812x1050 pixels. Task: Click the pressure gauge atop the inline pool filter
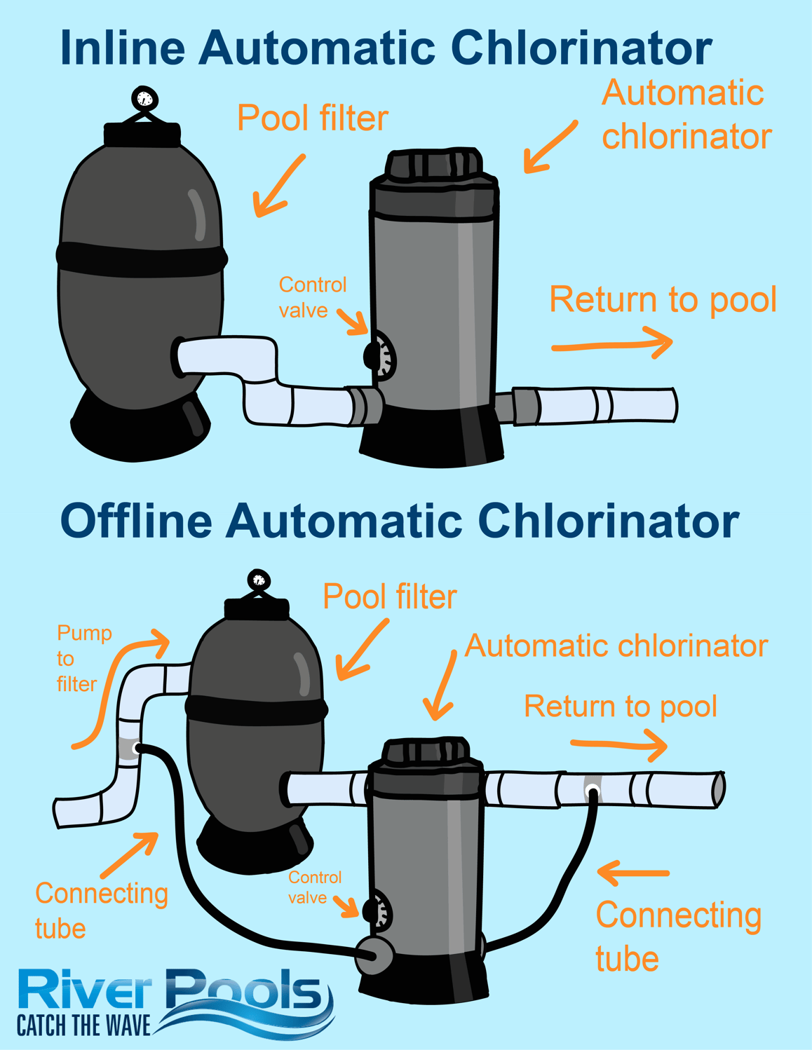tap(144, 99)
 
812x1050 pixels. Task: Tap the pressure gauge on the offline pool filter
tap(259, 580)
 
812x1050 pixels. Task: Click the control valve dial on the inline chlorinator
tap(381, 356)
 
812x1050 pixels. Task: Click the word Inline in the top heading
tap(122, 48)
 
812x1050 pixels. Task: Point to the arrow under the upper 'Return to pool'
tap(612, 344)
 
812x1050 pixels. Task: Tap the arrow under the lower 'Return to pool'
tap(618, 745)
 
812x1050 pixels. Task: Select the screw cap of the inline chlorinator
tap(433, 164)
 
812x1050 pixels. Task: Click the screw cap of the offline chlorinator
tap(425, 751)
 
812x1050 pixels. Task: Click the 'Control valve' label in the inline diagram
tap(311, 297)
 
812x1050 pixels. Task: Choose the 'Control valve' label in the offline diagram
tap(314, 887)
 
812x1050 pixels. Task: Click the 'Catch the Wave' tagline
tap(83, 1025)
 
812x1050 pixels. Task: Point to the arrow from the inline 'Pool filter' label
tap(278, 186)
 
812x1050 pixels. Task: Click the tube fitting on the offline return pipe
tap(593, 791)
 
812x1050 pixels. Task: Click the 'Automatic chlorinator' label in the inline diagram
tap(685, 114)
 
